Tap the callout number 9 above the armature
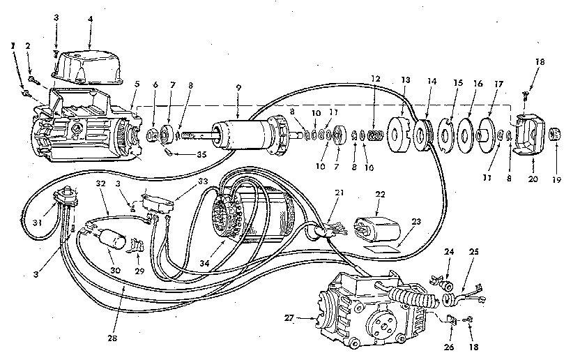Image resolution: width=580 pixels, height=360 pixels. tap(238, 88)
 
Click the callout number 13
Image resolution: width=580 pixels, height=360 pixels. tap(406, 80)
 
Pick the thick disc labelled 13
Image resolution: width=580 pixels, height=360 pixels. tap(398, 135)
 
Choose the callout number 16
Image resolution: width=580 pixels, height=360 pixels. tap(478, 84)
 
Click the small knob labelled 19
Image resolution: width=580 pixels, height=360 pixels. tap(555, 134)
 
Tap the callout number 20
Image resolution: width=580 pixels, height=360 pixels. tap(533, 179)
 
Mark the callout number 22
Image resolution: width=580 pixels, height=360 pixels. tap(380, 194)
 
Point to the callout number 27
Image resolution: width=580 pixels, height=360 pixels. tap(289, 317)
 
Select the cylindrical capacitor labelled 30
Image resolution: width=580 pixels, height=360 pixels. tap(111, 239)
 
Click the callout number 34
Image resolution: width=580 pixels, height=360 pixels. tap(204, 263)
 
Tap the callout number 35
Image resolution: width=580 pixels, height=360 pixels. tap(201, 154)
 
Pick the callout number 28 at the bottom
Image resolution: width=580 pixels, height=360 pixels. tap(112, 338)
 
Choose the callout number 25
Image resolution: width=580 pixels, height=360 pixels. tap(473, 252)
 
